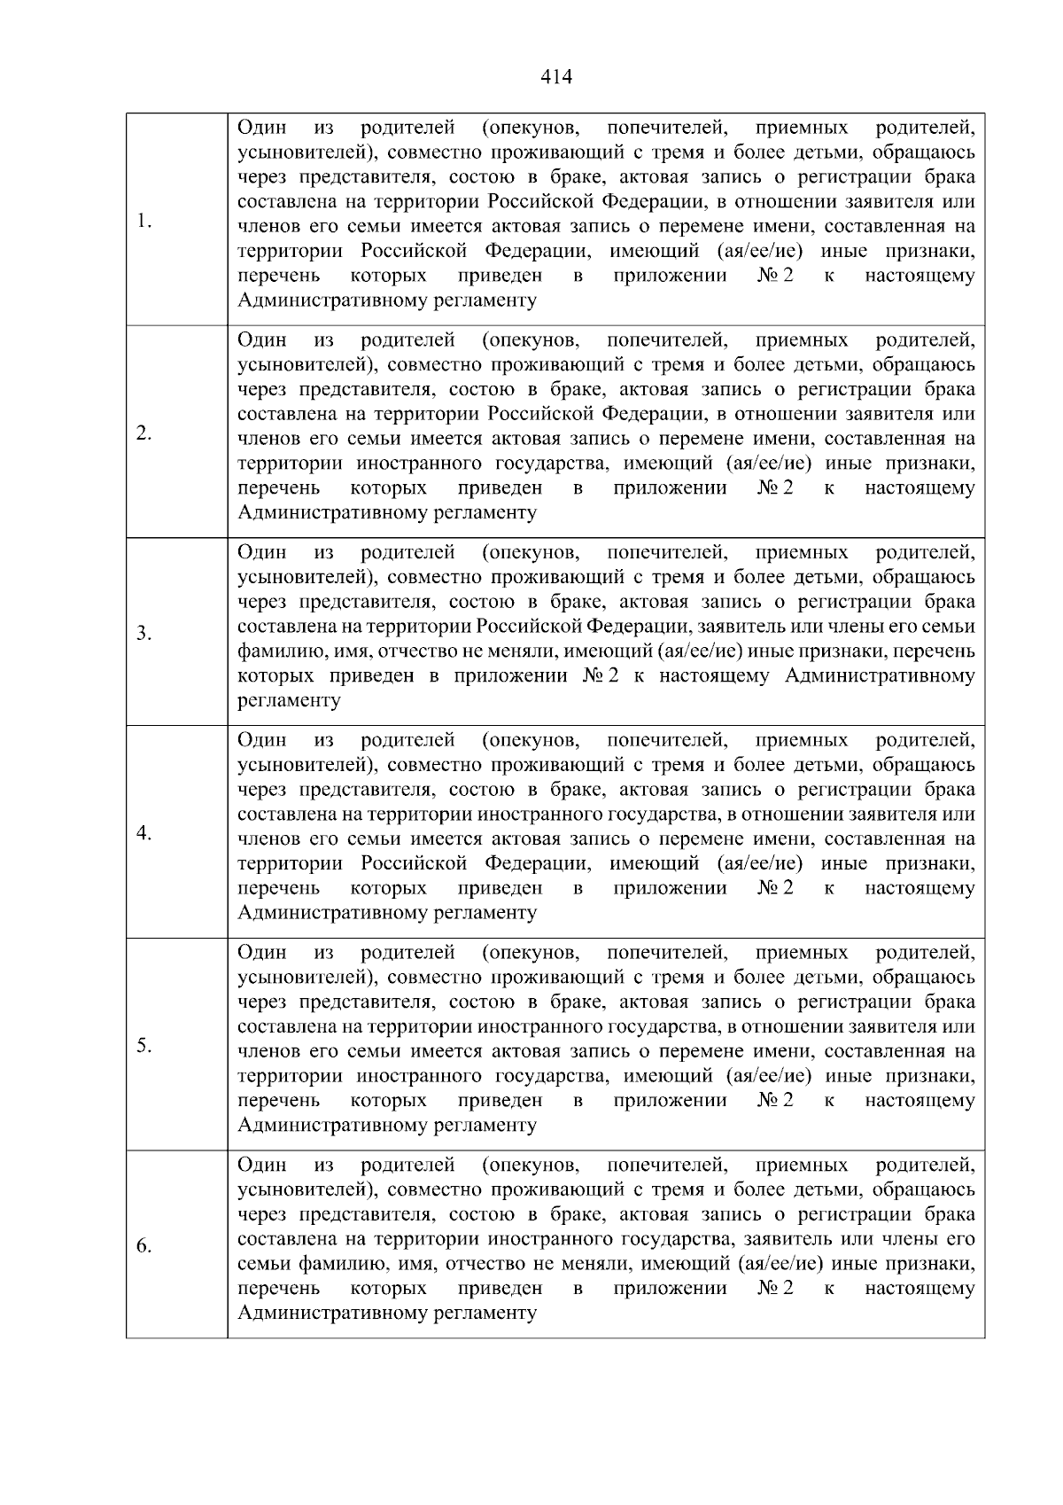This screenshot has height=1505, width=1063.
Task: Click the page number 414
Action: pyautogui.click(x=556, y=77)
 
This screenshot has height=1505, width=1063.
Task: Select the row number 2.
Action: pyautogui.click(x=144, y=433)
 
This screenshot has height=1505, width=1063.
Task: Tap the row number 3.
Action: pyautogui.click(x=144, y=634)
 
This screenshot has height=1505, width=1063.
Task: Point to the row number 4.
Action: pyautogui.click(x=144, y=833)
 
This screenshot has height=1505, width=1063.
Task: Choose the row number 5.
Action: pyautogui.click(x=144, y=1046)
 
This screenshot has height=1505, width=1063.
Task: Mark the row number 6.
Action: pyautogui.click(x=144, y=1246)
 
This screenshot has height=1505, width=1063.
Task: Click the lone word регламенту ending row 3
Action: pyautogui.click(x=289, y=700)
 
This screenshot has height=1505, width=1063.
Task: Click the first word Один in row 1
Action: pyautogui.click(x=262, y=127)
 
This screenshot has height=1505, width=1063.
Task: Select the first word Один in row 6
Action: pyautogui.click(x=262, y=1164)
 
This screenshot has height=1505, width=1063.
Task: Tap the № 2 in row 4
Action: pyautogui.click(x=775, y=887)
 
